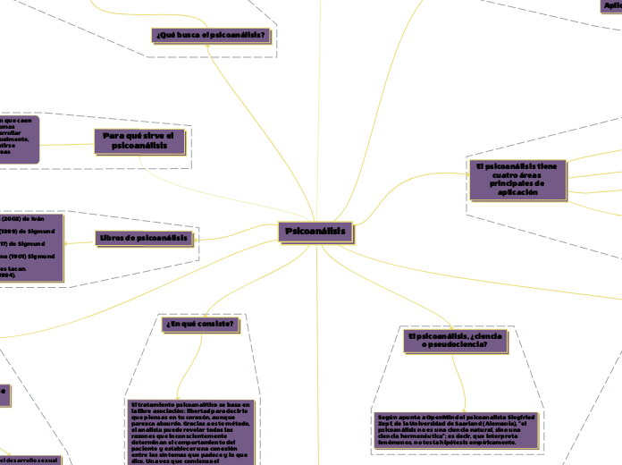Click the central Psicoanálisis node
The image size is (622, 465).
tap(315, 232)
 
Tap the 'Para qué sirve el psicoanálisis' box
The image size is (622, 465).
tap(139, 140)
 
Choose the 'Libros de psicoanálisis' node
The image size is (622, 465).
tap(144, 238)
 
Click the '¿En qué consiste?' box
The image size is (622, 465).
tap(200, 324)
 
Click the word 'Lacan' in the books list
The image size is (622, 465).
tap(20, 267)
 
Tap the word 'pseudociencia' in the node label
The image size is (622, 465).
tap(459, 344)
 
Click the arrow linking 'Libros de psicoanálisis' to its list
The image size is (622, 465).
tap(80, 239)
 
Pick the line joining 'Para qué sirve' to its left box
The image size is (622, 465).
tap(78, 140)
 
